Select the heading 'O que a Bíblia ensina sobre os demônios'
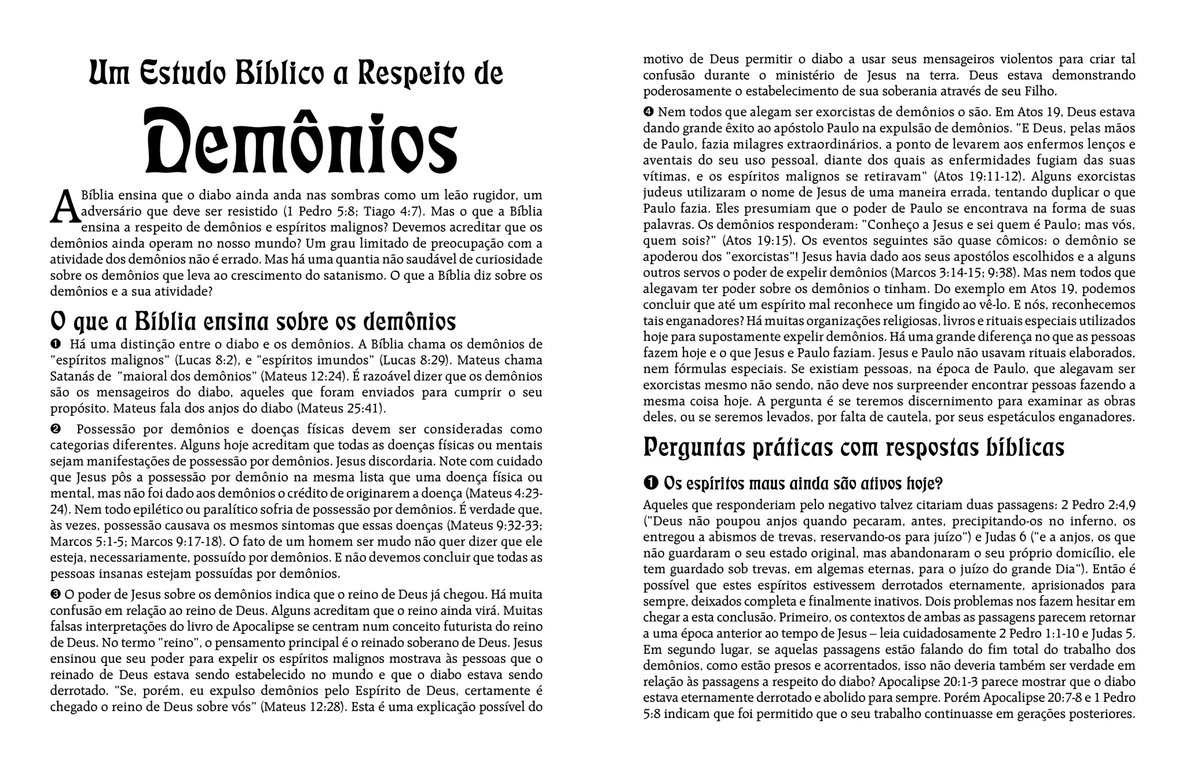[253, 321]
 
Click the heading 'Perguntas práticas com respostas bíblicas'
[854, 447]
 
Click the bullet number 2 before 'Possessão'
[56, 429]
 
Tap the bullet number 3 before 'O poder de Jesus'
[56, 594]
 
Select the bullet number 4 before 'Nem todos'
[649, 111]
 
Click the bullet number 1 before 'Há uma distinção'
[56, 344]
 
